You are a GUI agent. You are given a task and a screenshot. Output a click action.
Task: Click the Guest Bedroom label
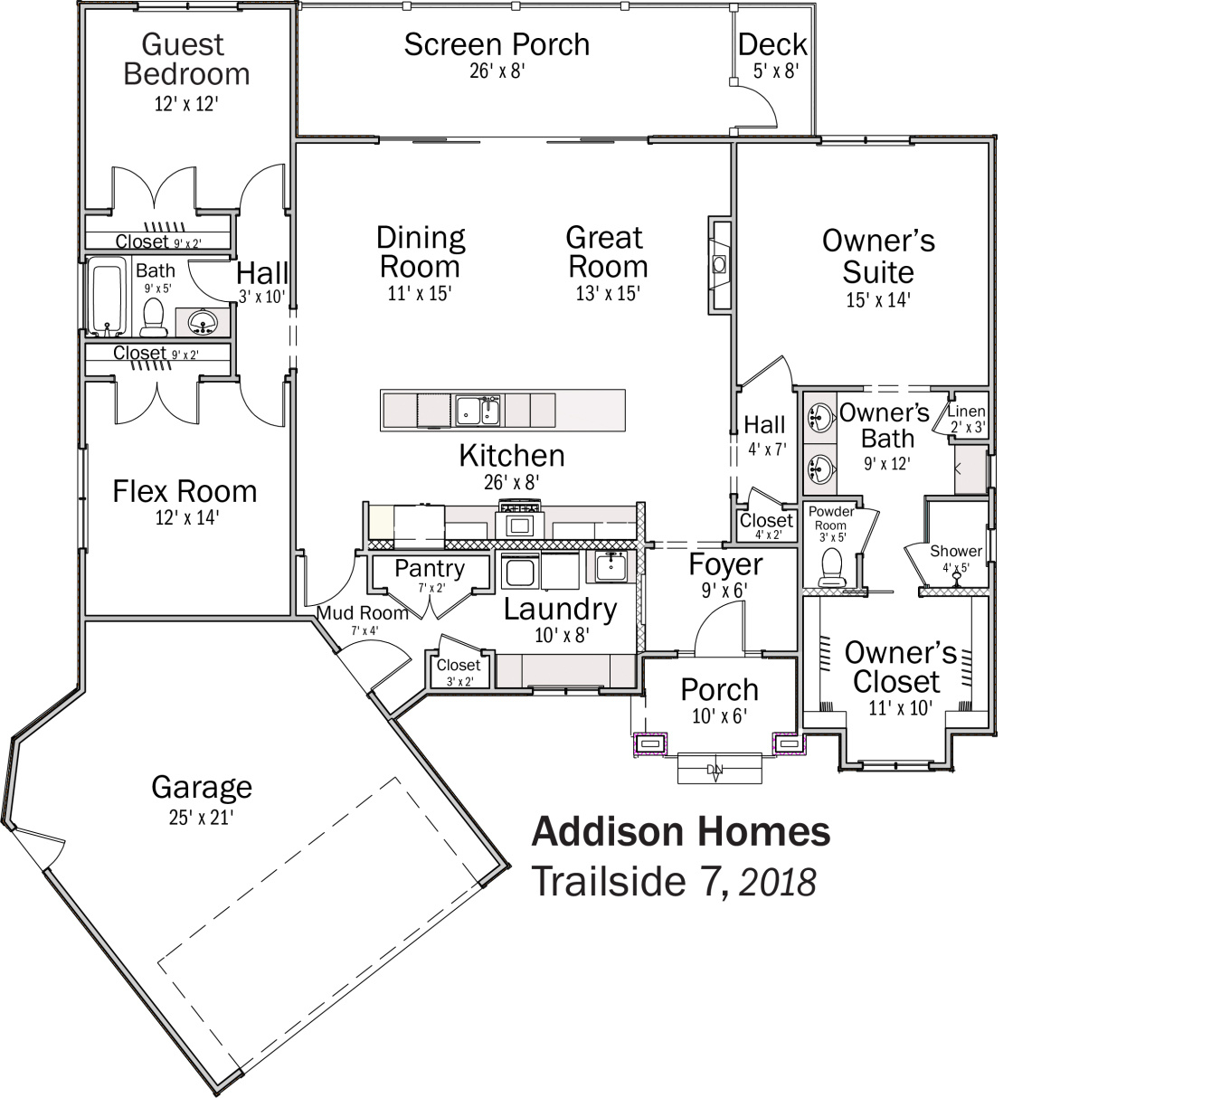pos(185,59)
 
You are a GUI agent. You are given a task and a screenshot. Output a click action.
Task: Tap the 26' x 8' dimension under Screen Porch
pos(497,71)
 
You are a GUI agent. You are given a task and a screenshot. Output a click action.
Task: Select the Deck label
pos(771,44)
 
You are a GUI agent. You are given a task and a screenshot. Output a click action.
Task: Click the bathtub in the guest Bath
pos(108,295)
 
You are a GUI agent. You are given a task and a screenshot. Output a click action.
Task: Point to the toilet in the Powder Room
pos(830,567)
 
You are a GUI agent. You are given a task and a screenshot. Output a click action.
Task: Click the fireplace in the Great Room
pos(720,264)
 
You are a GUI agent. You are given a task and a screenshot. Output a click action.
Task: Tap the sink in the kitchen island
pos(478,410)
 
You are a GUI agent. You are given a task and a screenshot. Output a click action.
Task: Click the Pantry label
pos(430,568)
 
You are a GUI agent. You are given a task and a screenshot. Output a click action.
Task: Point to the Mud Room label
pos(362,613)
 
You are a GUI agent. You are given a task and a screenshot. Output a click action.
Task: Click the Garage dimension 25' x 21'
pos(201,818)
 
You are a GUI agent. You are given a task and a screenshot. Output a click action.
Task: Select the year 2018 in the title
pos(778,883)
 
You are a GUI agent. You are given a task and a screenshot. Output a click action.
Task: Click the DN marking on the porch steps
pos(715,770)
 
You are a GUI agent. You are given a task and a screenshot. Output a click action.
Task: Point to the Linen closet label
pos(966,412)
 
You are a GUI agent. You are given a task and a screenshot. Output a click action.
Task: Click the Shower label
pos(955,551)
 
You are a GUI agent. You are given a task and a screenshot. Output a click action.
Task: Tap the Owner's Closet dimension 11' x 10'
pos(899,708)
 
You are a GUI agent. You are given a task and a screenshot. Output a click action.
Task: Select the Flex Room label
pos(185,491)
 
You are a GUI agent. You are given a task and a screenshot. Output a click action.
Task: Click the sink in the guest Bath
pos(203,321)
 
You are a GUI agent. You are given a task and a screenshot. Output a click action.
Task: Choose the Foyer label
pos(725,564)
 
